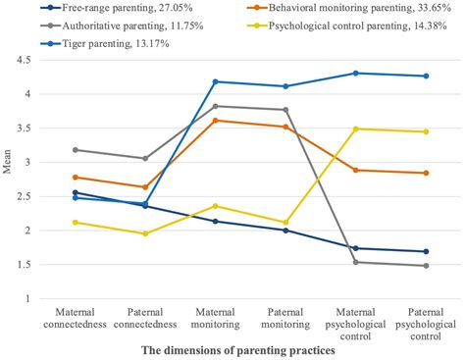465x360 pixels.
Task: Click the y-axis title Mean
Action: pos(11,180)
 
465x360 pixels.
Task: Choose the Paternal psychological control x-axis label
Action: pos(425,323)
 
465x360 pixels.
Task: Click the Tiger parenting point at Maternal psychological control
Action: pos(356,73)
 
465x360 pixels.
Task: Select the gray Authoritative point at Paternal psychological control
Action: pos(425,266)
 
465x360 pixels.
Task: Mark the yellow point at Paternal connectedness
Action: pos(145,233)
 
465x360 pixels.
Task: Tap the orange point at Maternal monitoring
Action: pos(216,121)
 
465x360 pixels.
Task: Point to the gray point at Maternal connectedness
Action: pos(76,150)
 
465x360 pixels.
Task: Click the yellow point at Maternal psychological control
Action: pos(356,129)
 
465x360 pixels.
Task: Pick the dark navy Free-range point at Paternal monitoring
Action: pos(285,231)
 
